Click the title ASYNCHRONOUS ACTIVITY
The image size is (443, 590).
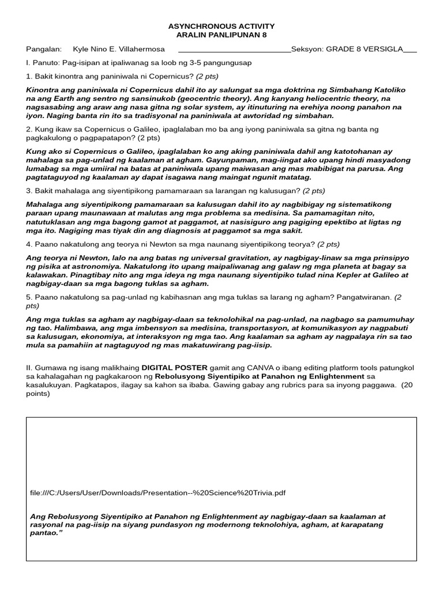click(x=221, y=27)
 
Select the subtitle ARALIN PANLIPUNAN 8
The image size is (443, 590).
click(x=221, y=36)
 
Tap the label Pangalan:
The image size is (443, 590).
click(x=44, y=49)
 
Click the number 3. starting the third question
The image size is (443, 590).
click(x=29, y=191)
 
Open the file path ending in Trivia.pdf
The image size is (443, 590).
click(x=157, y=493)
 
